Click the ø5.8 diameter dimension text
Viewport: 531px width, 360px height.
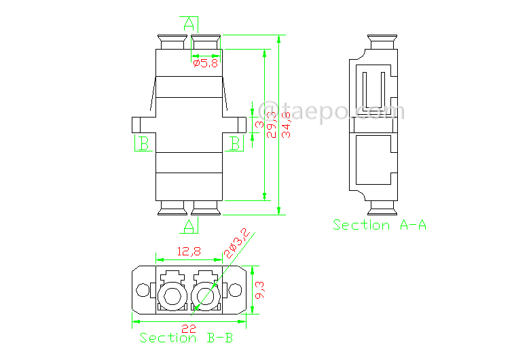coord(206,63)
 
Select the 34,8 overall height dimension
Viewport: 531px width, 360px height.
coord(287,124)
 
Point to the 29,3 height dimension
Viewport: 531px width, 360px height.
coord(272,124)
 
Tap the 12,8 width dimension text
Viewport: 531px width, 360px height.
coord(189,251)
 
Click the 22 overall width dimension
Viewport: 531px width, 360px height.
coord(189,329)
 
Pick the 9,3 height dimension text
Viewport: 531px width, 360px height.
coord(260,290)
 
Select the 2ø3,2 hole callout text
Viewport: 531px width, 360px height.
coord(237,243)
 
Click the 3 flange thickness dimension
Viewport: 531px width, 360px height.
coord(260,124)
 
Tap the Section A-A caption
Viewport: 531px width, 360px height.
coord(380,225)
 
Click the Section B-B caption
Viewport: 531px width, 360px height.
coord(186,338)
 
